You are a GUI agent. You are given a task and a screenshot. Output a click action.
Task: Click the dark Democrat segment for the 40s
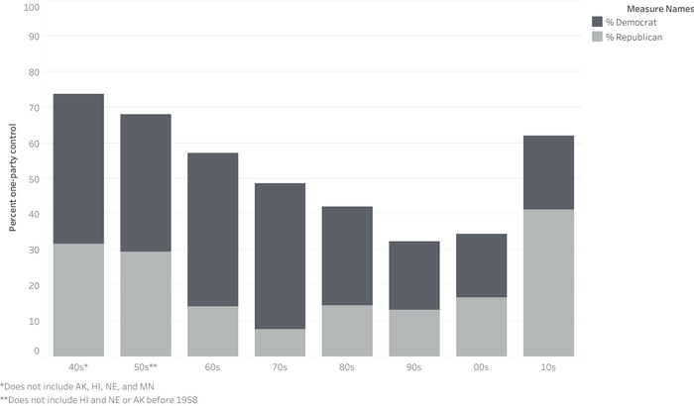77,168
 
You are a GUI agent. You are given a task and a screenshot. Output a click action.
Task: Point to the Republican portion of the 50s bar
145,303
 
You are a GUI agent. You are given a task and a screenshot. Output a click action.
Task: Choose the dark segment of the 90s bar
413,275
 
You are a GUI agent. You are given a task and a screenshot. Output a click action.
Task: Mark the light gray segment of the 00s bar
481,326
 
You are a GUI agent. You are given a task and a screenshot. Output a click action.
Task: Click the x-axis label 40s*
77,367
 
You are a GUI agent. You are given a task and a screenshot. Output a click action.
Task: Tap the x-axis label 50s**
145,367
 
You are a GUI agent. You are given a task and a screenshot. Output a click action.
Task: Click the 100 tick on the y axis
32,7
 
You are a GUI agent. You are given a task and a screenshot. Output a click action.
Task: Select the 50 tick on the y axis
34,179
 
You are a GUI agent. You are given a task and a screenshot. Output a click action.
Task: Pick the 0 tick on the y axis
36,351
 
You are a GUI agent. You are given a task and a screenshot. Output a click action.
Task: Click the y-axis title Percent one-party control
13,178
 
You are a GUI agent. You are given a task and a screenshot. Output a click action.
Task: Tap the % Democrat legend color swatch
597,22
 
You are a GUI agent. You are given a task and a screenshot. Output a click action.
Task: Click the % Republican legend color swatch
597,37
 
